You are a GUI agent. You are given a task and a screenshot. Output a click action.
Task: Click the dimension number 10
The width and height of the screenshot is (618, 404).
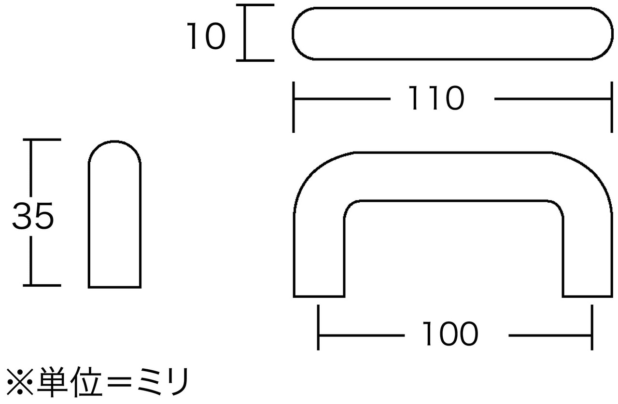[x=206, y=37]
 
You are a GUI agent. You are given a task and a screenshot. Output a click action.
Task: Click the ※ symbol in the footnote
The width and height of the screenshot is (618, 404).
[x=19, y=382]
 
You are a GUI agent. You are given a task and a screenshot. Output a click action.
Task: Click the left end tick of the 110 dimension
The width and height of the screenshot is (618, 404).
[x=294, y=107]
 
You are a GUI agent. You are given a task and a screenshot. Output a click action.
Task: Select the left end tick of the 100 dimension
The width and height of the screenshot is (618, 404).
[x=318, y=327]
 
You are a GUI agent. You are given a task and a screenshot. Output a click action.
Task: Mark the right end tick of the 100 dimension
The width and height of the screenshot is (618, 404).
[x=591, y=327]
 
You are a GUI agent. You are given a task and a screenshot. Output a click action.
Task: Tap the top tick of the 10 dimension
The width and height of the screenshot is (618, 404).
[x=255, y=6]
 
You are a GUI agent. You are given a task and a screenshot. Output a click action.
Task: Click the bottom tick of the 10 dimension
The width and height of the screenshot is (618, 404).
[x=255, y=60]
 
